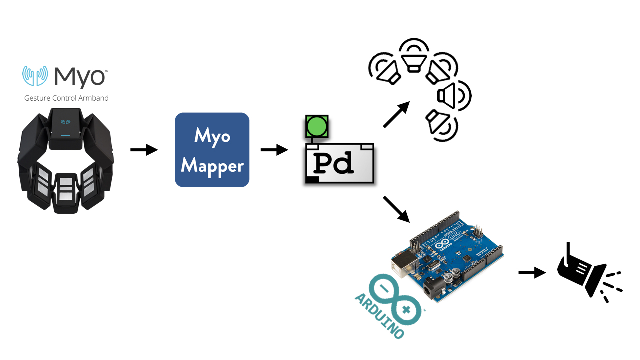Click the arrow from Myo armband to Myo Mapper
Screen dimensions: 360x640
(x=144, y=150)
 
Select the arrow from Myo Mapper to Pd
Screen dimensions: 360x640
(x=274, y=150)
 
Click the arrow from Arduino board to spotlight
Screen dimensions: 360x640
(x=532, y=272)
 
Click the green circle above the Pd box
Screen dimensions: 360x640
(x=317, y=127)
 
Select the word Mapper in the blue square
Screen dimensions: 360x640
(x=212, y=166)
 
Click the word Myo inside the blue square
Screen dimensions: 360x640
(x=212, y=136)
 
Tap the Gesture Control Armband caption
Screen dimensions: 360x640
(x=66, y=98)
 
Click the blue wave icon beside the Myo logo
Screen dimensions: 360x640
(x=35, y=76)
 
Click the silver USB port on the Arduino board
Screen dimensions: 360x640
(x=403, y=264)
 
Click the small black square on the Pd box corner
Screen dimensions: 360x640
(x=312, y=180)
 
